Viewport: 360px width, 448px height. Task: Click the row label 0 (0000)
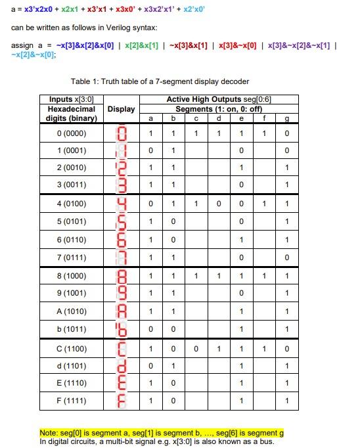tap(72, 134)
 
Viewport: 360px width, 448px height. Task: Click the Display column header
tap(120, 109)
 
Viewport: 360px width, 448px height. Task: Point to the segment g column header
tap(286, 118)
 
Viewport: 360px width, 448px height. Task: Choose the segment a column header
tap(151, 118)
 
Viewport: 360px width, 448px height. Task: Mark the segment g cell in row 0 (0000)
tap(286, 134)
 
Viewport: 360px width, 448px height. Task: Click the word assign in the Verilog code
tap(22, 45)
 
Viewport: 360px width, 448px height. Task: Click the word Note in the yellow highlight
tap(49, 433)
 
